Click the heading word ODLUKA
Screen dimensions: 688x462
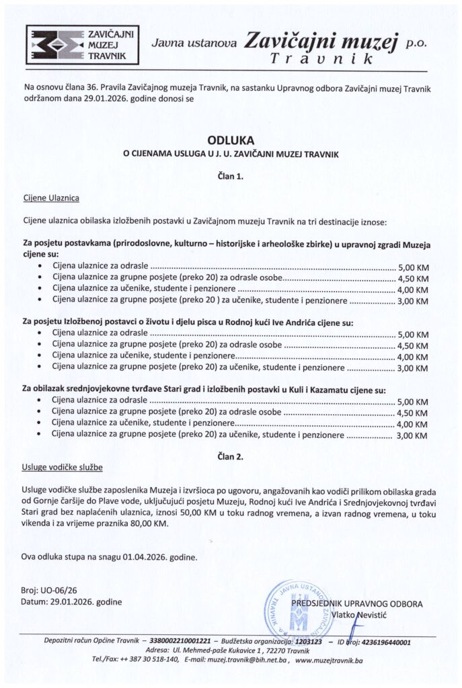pos(231,141)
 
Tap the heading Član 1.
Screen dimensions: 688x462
pos(231,175)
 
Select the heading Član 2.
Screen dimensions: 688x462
pos(231,456)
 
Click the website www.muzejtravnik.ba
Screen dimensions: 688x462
pos(328,661)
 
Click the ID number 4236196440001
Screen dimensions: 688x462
pos(385,642)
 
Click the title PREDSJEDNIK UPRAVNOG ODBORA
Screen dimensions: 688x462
pos(356,603)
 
